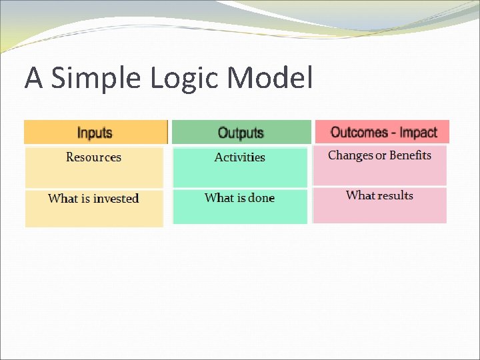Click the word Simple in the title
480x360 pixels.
pyautogui.click(x=97, y=79)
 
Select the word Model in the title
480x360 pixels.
pyautogui.click(x=270, y=78)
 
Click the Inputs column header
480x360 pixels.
pyautogui.click(x=95, y=132)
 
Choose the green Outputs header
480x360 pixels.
pyautogui.click(x=241, y=132)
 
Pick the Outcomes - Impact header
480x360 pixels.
pyautogui.click(x=383, y=131)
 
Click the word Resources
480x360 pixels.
pyautogui.click(x=93, y=157)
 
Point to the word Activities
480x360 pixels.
pyautogui.click(x=240, y=157)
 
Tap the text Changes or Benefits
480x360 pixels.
pyautogui.click(x=379, y=155)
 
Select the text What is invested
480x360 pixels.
pyautogui.click(x=93, y=199)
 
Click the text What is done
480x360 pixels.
pyautogui.click(x=239, y=198)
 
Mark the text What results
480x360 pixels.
pyautogui.click(x=379, y=195)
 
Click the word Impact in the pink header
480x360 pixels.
pyautogui.click(x=418, y=131)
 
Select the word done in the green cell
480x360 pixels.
pyautogui.click(x=261, y=198)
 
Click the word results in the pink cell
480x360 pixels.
pyautogui.click(x=395, y=195)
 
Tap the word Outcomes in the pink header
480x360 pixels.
pyautogui.click(x=359, y=131)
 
